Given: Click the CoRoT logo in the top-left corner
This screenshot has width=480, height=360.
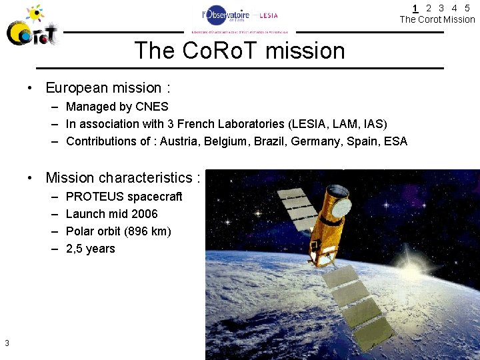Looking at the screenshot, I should click(31, 26).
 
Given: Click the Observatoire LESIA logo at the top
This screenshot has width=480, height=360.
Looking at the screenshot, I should click(240, 19).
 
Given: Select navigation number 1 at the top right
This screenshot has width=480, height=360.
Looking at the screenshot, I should click(415, 8).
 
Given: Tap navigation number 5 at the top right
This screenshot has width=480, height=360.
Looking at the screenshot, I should click(467, 8).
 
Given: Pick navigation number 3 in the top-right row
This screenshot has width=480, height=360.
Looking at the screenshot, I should click(441, 8).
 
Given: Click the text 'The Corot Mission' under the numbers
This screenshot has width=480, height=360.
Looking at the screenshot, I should click(437, 19).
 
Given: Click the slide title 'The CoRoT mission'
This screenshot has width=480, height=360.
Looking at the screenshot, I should click(239, 51).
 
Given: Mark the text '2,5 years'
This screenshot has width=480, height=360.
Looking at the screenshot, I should click(91, 249).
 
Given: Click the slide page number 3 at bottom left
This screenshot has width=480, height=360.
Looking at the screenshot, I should click(7, 343).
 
